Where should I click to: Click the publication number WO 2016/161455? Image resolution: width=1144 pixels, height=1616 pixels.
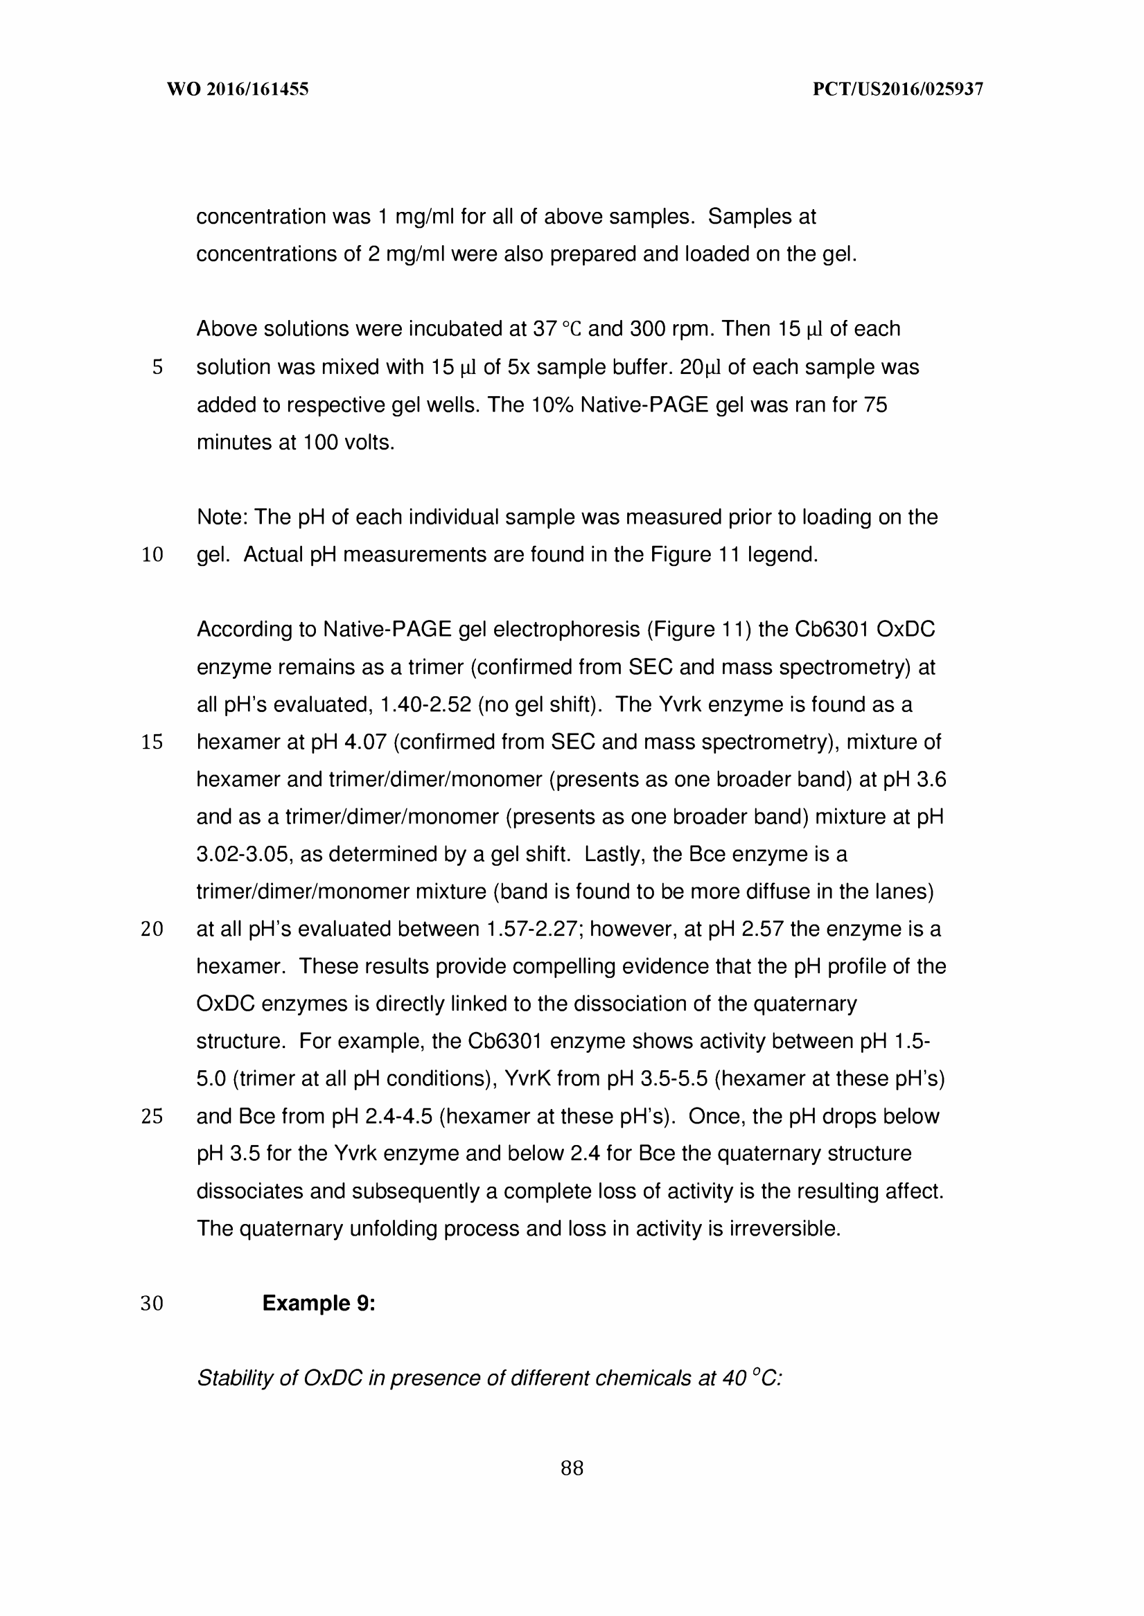tap(238, 89)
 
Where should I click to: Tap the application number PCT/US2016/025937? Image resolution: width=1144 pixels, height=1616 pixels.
tap(897, 89)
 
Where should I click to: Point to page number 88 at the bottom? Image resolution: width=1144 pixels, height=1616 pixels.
tap(571, 1468)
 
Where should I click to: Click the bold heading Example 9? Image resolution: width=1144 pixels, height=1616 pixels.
tap(319, 1304)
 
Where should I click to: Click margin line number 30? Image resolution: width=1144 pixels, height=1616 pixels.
tap(152, 1304)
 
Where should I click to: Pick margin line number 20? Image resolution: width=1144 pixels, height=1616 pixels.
tap(152, 930)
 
